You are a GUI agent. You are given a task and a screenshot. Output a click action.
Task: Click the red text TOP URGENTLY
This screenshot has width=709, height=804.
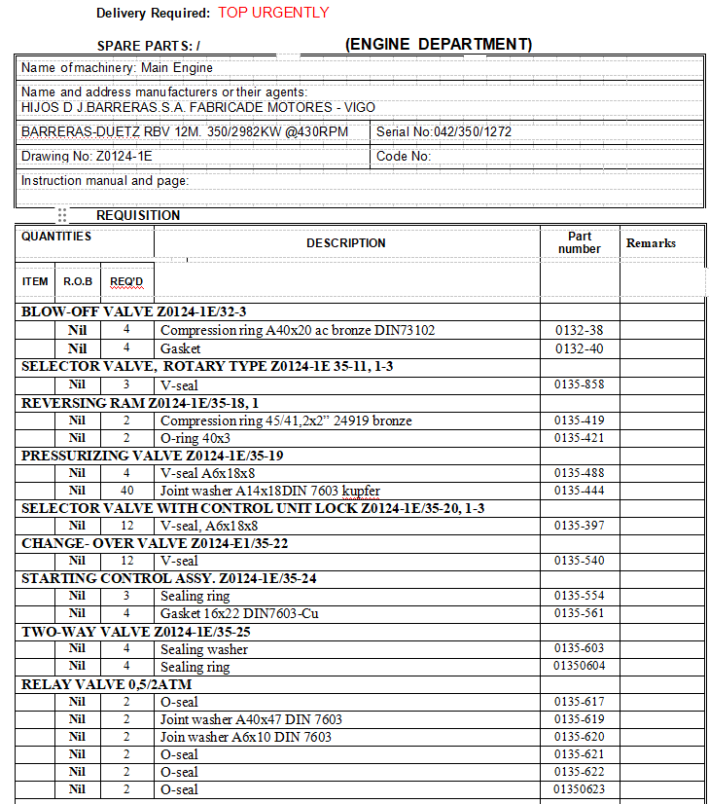coord(273,13)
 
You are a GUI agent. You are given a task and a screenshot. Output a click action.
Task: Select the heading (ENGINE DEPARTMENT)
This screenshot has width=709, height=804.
coord(439,44)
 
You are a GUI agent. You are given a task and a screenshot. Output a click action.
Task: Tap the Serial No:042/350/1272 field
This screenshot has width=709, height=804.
coord(443,131)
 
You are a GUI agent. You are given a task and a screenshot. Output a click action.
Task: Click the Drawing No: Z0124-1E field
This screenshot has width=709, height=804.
coord(87,156)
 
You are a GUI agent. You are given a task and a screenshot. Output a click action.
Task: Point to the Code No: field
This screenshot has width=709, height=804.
coord(404,156)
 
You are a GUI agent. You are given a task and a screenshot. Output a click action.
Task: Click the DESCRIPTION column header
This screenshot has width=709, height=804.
coord(346,243)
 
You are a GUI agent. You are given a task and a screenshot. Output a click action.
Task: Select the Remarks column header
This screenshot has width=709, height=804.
coord(651,243)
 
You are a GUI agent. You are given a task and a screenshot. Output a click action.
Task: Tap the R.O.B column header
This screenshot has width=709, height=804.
coord(78,281)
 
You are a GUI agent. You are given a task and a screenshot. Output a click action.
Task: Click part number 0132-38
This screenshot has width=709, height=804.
coord(579,331)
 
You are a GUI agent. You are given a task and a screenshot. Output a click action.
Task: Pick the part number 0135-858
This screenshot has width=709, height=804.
coord(579,384)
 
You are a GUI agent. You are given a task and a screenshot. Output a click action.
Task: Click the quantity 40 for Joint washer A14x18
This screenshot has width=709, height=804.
coord(126,491)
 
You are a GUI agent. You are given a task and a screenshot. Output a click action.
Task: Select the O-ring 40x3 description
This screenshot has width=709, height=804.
coord(199,438)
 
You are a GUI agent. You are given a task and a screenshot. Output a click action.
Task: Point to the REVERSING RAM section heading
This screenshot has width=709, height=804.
coord(140,403)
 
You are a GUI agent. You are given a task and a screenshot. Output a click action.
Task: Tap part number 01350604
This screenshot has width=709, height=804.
coord(579,667)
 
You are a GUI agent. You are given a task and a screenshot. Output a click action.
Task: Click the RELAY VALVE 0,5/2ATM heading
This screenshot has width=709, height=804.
coord(107,684)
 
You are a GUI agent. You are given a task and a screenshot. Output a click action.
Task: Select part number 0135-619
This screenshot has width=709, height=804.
coord(579,720)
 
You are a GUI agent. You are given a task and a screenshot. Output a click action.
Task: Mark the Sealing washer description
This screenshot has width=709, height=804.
coord(204,649)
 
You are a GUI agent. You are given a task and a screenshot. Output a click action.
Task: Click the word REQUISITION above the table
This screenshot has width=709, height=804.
coord(138,215)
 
